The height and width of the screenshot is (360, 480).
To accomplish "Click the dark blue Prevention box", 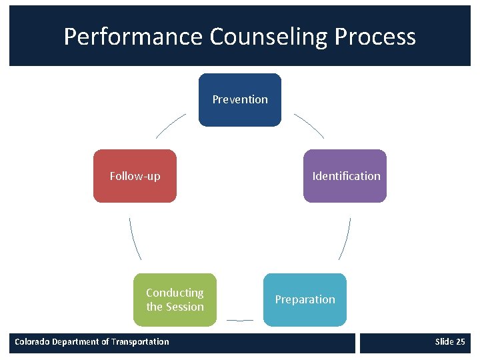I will pos(240,100).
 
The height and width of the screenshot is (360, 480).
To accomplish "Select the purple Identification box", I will pos(345,176).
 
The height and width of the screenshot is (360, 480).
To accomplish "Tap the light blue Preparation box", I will pos(305,300).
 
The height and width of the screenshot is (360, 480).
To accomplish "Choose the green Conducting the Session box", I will pos(175,300).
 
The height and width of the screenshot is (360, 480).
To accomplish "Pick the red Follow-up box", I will pos(135,176).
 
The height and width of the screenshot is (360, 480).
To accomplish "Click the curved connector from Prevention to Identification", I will pos(309,125).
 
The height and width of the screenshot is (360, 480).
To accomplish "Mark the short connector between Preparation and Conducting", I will pos(240,320).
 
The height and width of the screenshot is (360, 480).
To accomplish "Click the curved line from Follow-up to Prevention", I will pos(171,125).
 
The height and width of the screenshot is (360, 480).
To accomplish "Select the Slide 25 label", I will pos(449,342).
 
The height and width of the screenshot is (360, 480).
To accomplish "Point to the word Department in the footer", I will pos(79,342).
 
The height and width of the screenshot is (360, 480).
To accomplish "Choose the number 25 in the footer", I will pos(460,342).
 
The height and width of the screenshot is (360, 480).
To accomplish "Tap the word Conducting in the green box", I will pos(175,293).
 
